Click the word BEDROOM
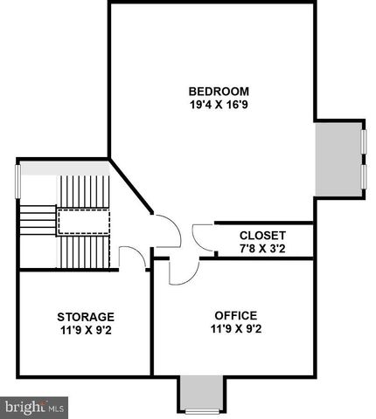219,92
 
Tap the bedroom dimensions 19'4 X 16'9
219,106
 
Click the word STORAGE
86,316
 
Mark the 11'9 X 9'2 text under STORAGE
86,330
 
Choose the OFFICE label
235,315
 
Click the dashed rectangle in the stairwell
82,222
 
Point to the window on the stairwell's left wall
18,182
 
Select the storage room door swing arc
131,257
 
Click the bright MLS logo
35,407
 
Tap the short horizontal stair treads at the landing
38,223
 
